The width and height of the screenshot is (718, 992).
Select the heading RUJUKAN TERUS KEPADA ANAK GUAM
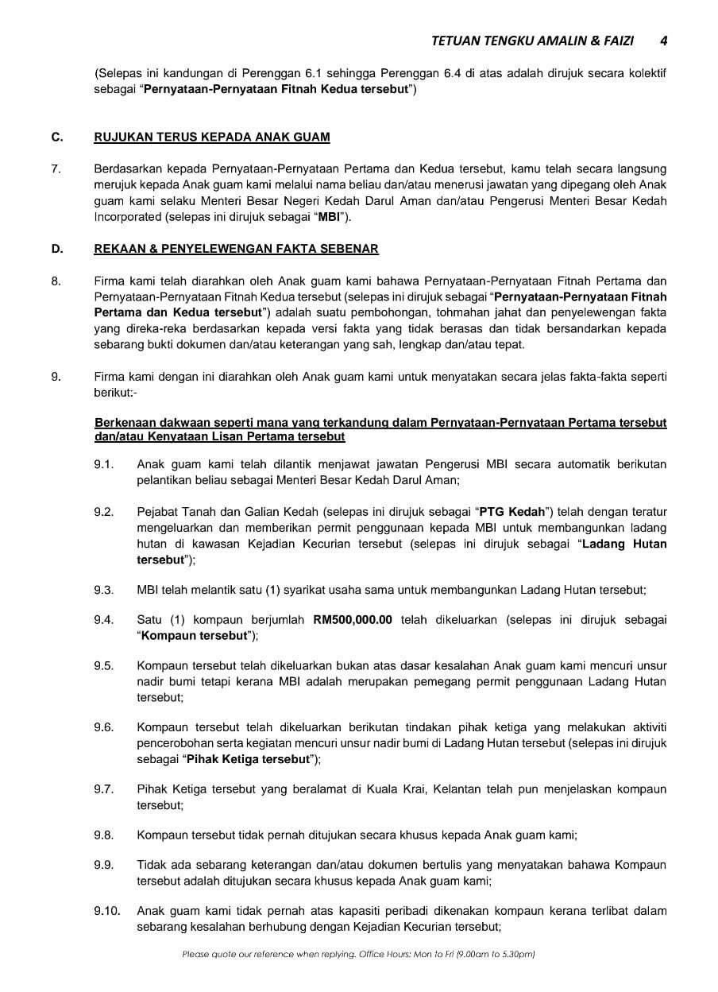(211, 137)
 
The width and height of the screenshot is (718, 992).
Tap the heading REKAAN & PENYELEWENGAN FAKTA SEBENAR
(236, 249)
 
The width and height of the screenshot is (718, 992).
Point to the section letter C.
(56, 137)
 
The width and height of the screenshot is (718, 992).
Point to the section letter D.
(56, 249)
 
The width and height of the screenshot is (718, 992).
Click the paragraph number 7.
(55, 169)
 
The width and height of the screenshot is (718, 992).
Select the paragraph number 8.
(55, 281)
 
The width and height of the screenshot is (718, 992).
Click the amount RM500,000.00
(353, 620)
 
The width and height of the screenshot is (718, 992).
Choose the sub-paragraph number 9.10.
(106, 911)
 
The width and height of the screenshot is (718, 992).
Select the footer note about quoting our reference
(358, 954)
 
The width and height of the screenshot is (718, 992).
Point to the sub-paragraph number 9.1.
(103, 463)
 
